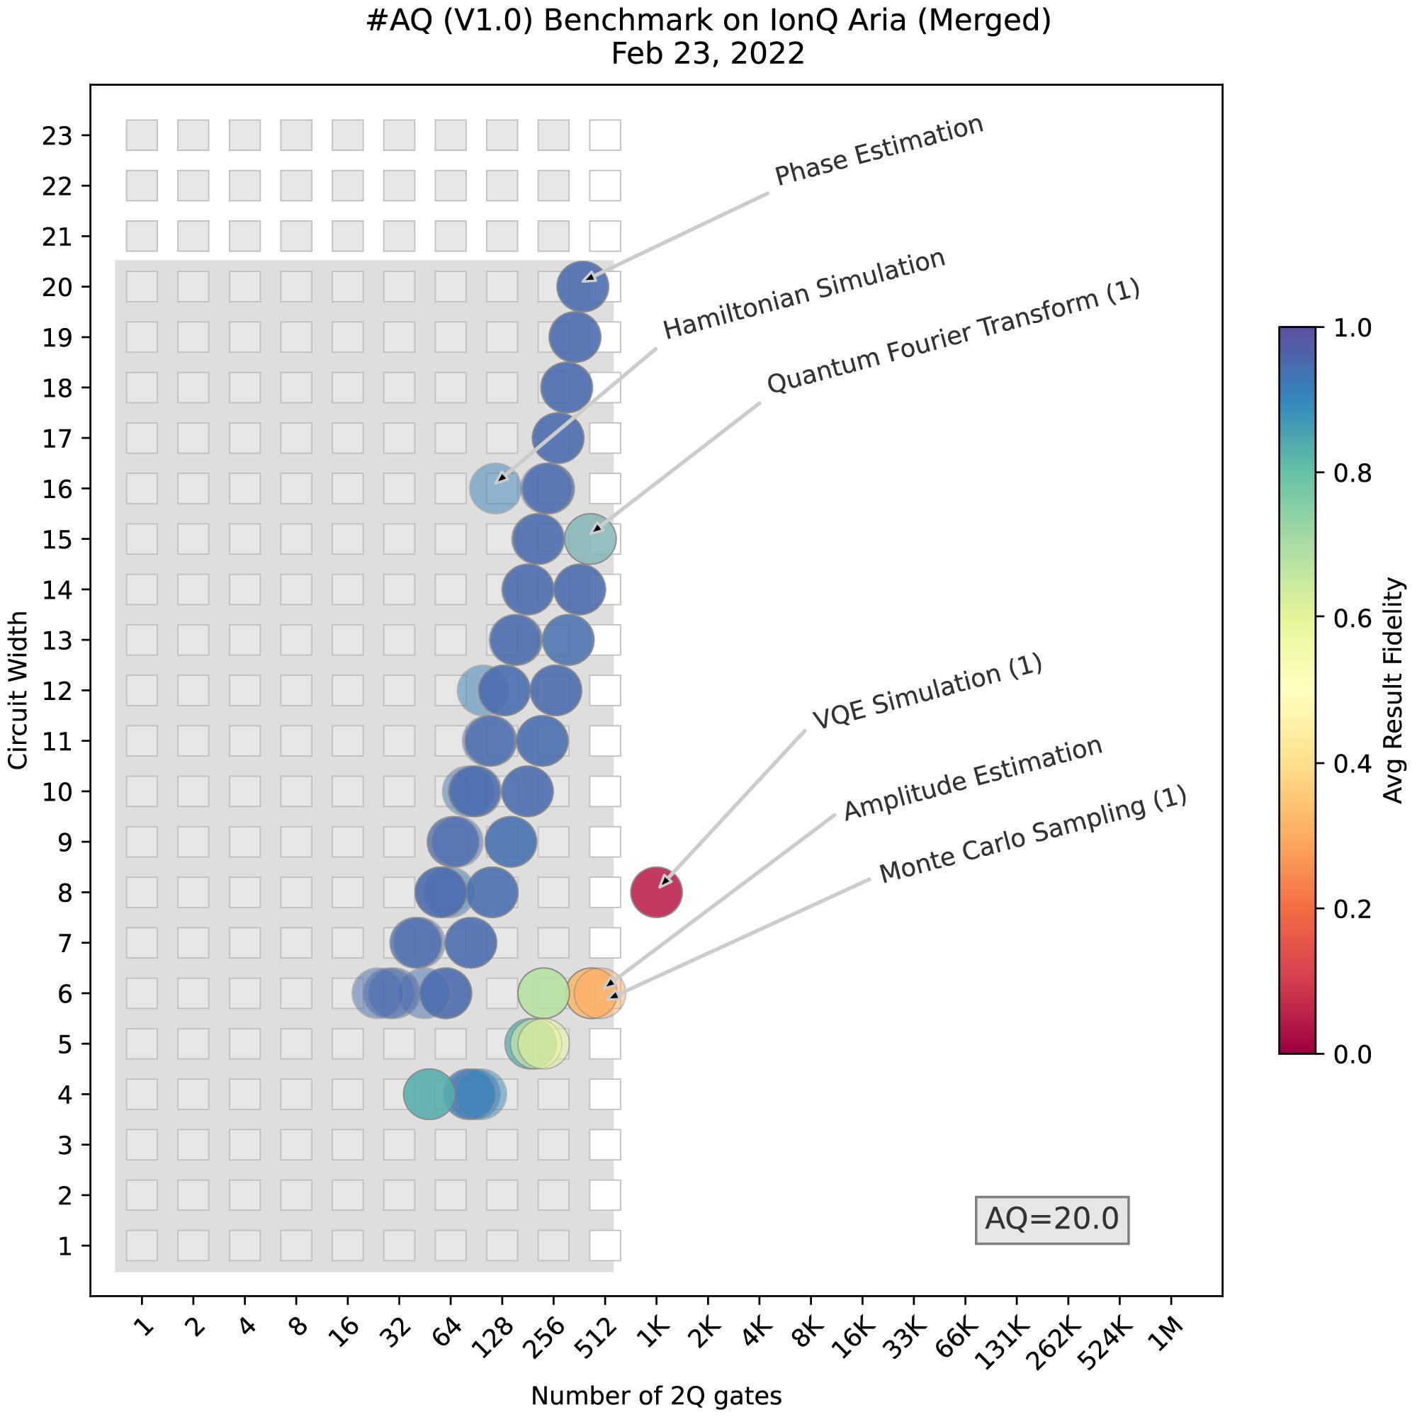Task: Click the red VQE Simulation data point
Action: [x=657, y=892]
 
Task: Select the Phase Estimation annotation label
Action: [x=879, y=150]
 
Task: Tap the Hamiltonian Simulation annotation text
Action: [x=804, y=294]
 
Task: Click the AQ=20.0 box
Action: [x=1051, y=1219]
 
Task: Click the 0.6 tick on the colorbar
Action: [x=1353, y=619]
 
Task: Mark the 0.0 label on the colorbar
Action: [x=1353, y=1054]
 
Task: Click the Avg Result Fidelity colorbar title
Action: [x=1393, y=690]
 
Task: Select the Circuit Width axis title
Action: [x=18, y=690]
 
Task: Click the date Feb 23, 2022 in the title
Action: [x=708, y=54]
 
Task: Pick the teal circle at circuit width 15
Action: [x=590, y=539]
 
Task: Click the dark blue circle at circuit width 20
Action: [x=582, y=287]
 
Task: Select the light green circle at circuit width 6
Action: [x=543, y=993]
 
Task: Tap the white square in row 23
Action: [x=605, y=135]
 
